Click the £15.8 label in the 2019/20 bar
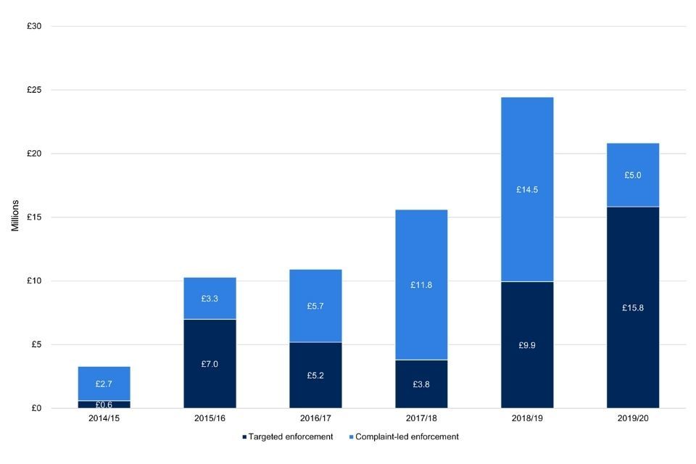click(632, 308)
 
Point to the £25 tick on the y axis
click(34, 90)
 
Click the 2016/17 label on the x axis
click(315, 419)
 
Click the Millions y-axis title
click(15, 217)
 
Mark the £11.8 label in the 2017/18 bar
click(421, 285)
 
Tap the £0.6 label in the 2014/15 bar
click(104, 405)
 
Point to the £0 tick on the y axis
click(36, 408)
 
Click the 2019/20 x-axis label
click(633, 419)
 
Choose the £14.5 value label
click(527, 190)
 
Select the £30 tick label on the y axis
click(34, 27)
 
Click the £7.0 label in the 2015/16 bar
click(210, 364)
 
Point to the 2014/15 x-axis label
click(104, 419)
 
